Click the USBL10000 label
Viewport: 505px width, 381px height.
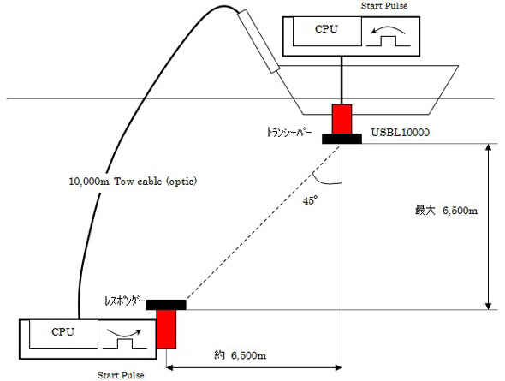(401, 133)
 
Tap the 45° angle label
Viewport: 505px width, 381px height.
(310, 201)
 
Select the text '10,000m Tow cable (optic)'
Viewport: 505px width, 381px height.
(133, 182)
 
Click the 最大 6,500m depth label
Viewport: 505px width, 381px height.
(447, 211)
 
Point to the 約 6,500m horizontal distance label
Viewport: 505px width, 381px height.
(241, 355)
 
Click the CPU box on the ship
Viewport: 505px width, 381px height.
(327, 31)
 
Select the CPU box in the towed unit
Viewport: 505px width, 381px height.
(63, 334)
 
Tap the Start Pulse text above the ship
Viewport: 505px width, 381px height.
(384, 6)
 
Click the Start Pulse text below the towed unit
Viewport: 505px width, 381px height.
(121, 375)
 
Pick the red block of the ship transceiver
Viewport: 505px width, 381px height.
(342, 119)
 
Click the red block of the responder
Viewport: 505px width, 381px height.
(166, 329)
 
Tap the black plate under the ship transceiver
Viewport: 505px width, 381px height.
(342, 139)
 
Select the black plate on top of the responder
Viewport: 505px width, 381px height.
(166, 305)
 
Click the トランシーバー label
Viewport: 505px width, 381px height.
(289, 133)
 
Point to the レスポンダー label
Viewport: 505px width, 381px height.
(125, 301)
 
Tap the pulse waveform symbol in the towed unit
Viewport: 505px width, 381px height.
(125, 343)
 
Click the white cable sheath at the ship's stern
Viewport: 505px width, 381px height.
(259, 41)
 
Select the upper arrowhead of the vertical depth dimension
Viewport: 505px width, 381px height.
(489, 147)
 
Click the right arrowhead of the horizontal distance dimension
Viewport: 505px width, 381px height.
(338, 367)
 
